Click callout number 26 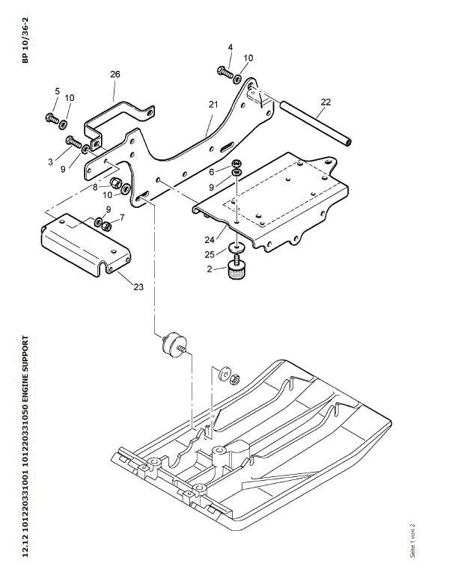pos(114,74)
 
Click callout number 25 pos(211,255)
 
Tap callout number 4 pos(230,47)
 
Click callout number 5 pos(56,91)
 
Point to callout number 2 pos(211,270)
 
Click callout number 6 pos(211,171)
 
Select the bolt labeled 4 pos(224,72)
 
